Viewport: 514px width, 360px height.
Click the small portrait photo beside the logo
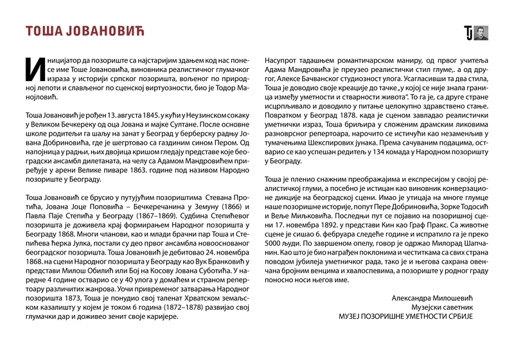click(x=481, y=33)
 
